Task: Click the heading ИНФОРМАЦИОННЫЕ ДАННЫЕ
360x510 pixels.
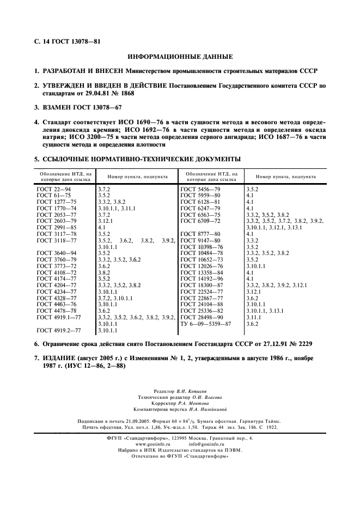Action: [x=180, y=57]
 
